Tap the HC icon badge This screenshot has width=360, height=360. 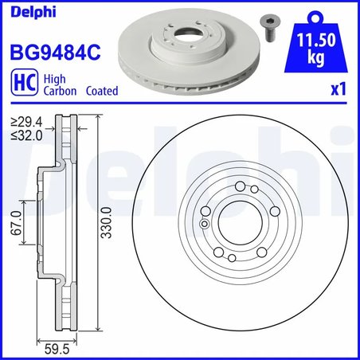22,84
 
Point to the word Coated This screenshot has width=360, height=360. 103,91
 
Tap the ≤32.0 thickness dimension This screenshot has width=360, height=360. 23,135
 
